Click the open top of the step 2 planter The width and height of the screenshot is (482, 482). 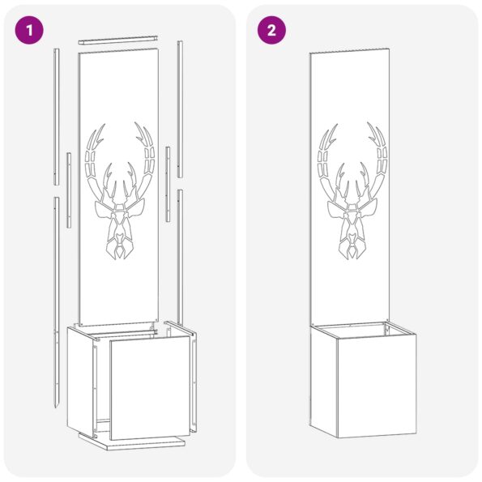[361, 329]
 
